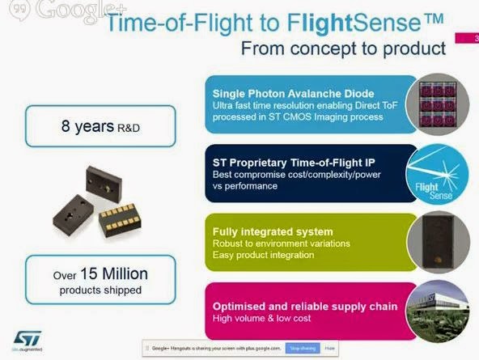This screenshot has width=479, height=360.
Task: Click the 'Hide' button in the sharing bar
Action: pyautogui.click(x=330, y=348)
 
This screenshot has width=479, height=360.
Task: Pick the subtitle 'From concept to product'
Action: pyautogui.click(x=343, y=48)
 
